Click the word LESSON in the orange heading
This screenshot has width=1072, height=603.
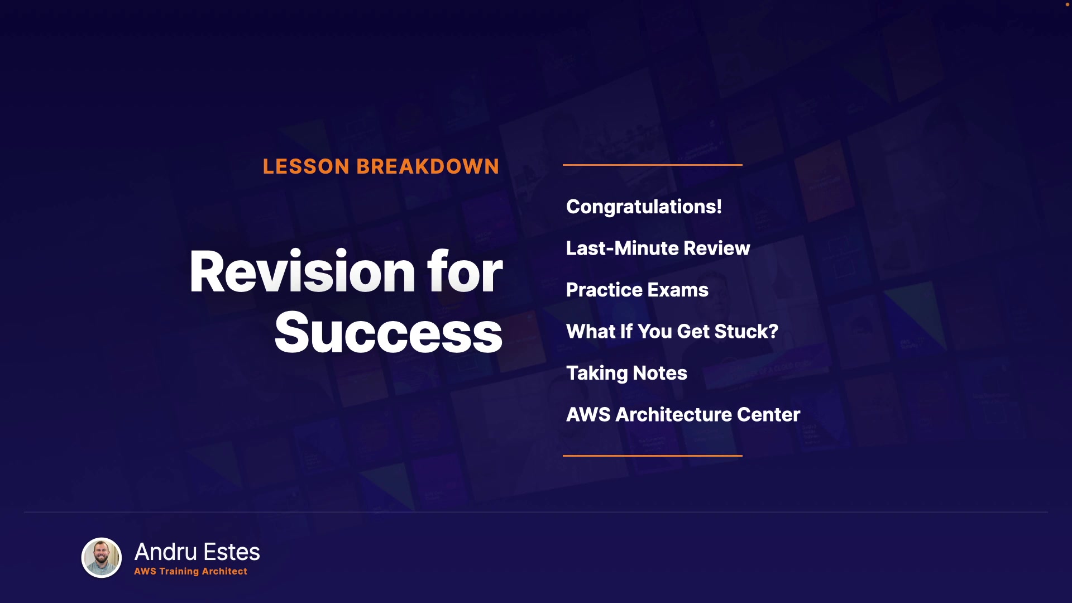306,166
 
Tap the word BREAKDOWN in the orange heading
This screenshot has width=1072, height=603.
428,166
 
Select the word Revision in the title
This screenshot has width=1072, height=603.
302,272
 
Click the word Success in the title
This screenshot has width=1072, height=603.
388,333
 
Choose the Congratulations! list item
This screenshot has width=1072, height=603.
644,207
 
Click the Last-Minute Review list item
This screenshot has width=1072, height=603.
658,248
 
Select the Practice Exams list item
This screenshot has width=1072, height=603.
637,290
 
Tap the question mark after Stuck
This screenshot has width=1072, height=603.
773,331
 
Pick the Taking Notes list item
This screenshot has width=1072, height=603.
626,373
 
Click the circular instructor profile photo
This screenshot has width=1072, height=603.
102,557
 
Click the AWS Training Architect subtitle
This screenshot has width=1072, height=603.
190,571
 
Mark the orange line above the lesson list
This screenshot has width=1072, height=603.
653,165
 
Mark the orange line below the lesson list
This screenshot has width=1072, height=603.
653,456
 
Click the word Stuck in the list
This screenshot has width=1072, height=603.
741,331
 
